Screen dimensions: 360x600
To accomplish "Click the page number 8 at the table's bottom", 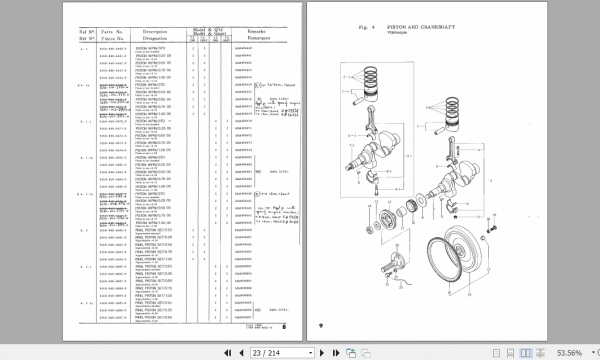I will tap(284, 326).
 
